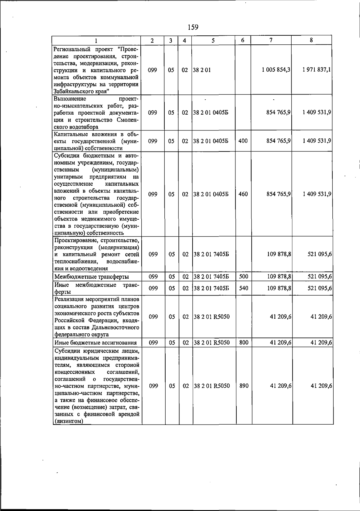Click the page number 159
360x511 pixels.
(x=193, y=27)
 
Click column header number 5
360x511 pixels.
(x=213, y=41)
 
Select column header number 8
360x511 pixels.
(x=312, y=40)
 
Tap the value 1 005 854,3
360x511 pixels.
(x=276, y=70)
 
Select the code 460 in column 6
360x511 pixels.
(x=243, y=194)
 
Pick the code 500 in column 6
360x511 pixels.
(x=244, y=276)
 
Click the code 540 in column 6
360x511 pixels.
(x=244, y=288)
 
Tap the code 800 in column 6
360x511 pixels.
(x=244, y=342)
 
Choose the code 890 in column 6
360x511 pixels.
(x=244, y=386)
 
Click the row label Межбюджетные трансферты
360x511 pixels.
(x=91, y=277)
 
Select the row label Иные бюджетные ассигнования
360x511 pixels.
(x=95, y=343)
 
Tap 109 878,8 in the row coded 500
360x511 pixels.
(x=279, y=276)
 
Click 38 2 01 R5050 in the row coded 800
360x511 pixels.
(x=212, y=342)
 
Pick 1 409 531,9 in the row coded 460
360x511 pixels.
(x=317, y=194)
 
